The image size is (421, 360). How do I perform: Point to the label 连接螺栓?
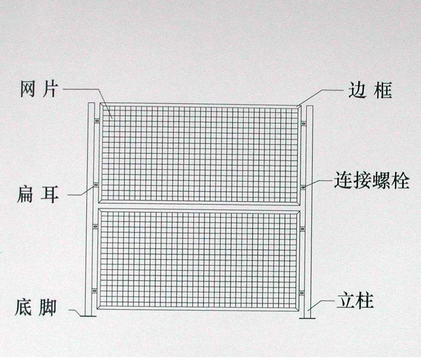pos(372,181)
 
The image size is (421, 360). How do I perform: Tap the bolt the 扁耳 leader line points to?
pos(96,185)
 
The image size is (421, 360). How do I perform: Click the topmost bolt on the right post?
pos(303,123)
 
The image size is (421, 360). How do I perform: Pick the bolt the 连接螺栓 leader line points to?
pos(303,187)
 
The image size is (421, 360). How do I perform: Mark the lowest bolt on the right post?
pos(302,293)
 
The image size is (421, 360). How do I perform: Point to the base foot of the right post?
pos(307,318)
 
